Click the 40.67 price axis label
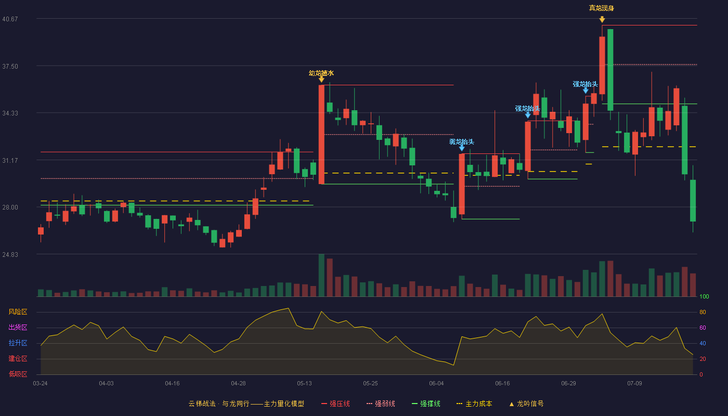10,19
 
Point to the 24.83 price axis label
10,254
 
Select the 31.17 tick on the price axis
10,161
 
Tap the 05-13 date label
304,384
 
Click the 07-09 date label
634,384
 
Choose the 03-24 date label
41,384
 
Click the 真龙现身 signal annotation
602,8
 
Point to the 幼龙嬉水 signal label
321,73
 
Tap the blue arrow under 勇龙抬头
462,148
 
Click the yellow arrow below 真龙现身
602,20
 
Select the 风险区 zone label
18,312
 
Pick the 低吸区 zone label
18,374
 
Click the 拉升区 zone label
18,343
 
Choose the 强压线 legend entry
335,404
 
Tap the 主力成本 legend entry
474,404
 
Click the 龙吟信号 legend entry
526,404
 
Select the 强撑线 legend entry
426,404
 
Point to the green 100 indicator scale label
704,296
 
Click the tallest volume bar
321,275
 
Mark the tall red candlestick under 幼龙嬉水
321,135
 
